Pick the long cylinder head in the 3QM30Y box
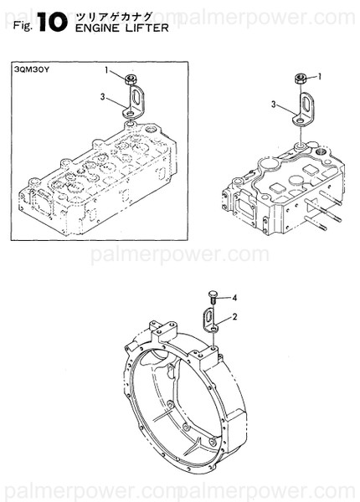click(x=92, y=172)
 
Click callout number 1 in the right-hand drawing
click(x=321, y=76)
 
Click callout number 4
click(x=234, y=297)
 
